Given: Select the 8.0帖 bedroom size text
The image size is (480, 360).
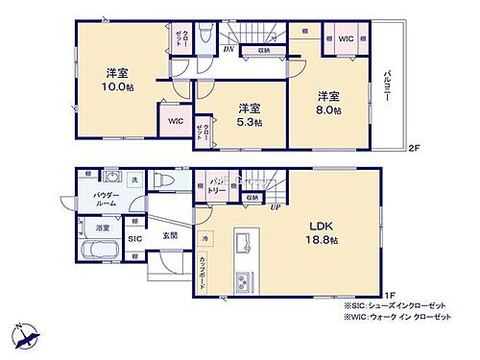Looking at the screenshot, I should (x=328, y=110).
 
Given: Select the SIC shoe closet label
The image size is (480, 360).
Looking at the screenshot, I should (x=134, y=237).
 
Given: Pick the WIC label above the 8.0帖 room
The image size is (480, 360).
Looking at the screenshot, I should (x=347, y=38).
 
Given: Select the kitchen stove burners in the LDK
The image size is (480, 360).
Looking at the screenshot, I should (x=241, y=282).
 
